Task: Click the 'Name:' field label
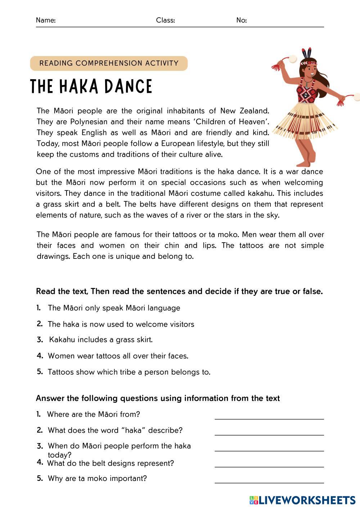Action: click(x=46, y=21)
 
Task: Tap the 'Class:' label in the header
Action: click(x=165, y=21)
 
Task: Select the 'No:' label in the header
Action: click(x=242, y=21)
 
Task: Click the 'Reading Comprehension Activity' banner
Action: click(x=109, y=63)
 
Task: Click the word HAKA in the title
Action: click(x=78, y=87)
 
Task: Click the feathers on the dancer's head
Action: click(x=307, y=53)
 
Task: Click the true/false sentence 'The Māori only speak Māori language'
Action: click(x=114, y=308)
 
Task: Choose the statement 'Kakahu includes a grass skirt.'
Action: click(x=101, y=340)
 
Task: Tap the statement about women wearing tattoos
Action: click(x=118, y=356)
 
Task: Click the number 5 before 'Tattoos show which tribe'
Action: click(x=40, y=372)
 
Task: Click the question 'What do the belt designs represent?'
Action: click(x=111, y=463)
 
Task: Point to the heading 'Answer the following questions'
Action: click(x=158, y=398)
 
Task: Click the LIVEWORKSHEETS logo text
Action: click(x=307, y=500)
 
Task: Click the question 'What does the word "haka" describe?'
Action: click(x=115, y=431)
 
